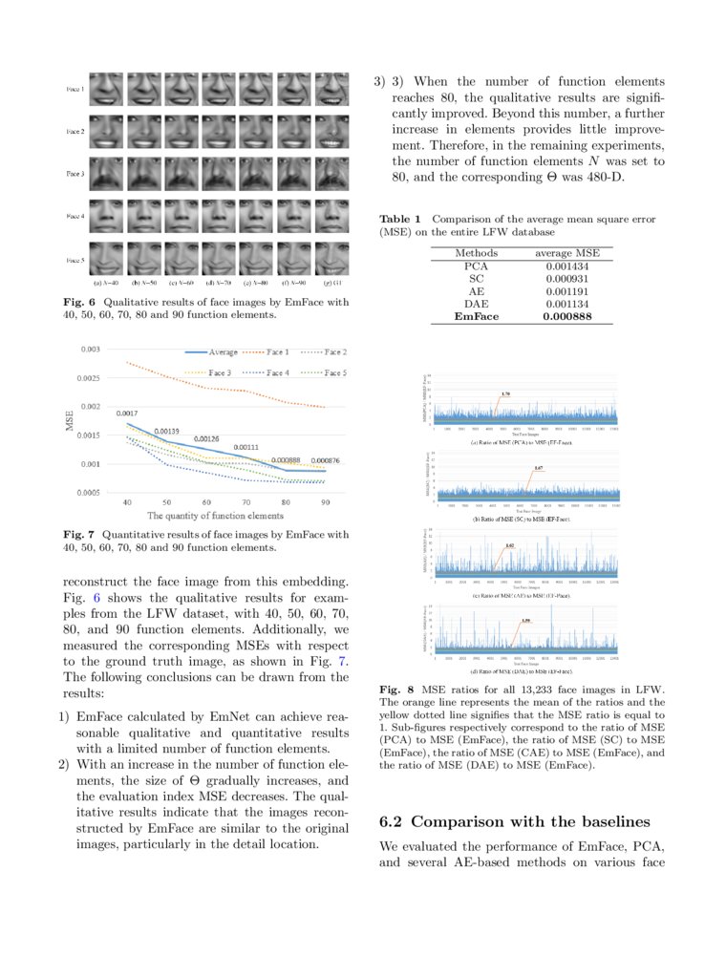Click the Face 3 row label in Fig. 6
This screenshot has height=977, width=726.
click(75, 174)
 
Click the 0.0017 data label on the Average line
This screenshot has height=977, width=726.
click(129, 414)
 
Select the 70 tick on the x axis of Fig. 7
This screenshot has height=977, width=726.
click(246, 502)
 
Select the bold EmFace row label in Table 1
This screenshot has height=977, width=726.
click(476, 316)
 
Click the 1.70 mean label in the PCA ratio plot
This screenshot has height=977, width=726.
click(505, 393)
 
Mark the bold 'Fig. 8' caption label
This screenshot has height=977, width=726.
click(395, 690)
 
